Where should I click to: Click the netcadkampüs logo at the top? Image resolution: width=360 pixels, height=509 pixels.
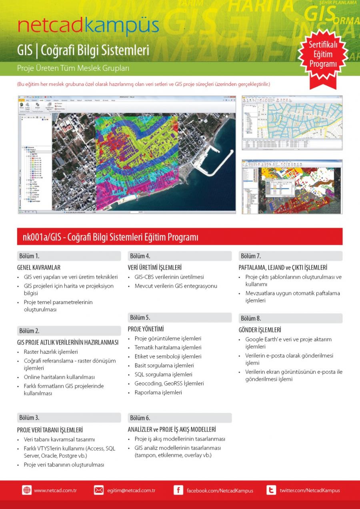tap(88, 27)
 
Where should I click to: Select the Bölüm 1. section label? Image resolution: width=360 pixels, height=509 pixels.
tap(29, 256)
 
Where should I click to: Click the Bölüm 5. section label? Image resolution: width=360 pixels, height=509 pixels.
tap(140, 317)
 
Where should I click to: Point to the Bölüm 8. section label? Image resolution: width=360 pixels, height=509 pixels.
tap(251, 318)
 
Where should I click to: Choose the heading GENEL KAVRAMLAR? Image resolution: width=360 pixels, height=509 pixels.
tap(38, 267)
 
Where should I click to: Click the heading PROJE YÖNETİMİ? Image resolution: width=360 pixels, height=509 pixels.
tap(146, 329)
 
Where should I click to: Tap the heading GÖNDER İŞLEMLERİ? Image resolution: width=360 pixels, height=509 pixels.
tap(260, 330)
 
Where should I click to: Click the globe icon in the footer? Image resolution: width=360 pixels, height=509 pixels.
tap(27, 490)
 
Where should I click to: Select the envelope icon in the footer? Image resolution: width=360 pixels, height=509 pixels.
tap(98, 490)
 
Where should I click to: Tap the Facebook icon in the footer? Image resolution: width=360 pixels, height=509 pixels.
tap(178, 490)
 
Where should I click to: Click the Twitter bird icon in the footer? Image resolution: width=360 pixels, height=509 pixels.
tap(271, 490)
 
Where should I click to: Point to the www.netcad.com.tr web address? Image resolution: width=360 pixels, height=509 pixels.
tap(55, 490)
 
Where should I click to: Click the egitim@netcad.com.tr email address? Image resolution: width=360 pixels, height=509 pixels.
tap(131, 490)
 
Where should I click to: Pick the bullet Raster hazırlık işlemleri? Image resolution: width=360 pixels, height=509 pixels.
tap(51, 352)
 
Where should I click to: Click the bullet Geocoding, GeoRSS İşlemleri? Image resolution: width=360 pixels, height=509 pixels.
tap(169, 383)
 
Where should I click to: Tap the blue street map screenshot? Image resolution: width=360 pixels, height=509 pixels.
tap(292, 122)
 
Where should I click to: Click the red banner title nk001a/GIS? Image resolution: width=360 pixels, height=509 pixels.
tap(108, 237)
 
